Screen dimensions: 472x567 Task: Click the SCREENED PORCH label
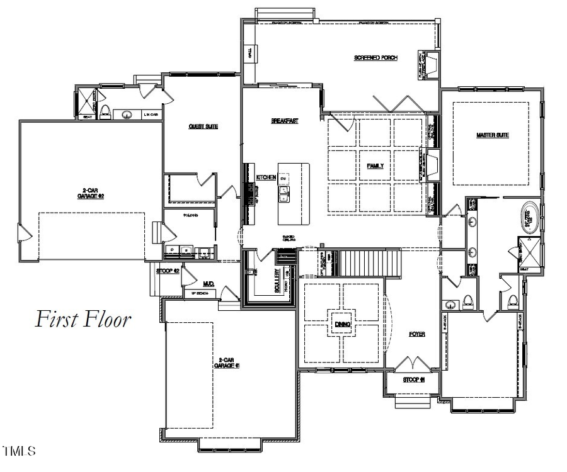(x=375, y=58)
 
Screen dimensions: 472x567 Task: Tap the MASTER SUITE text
(x=493, y=135)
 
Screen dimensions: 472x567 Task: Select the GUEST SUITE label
(x=203, y=126)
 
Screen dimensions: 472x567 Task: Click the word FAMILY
(x=375, y=166)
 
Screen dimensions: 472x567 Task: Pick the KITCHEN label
(x=266, y=178)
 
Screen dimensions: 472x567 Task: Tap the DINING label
(x=342, y=324)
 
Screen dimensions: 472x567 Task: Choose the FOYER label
(x=416, y=334)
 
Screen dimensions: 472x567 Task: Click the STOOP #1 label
(x=414, y=380)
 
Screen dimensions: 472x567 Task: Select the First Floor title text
(x=83, y=319)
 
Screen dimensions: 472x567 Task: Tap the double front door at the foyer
(x=412, y=364)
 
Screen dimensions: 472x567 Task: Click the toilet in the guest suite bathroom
(x=106, y=112)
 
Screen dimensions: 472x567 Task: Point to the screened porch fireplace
(x=433, y=64)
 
